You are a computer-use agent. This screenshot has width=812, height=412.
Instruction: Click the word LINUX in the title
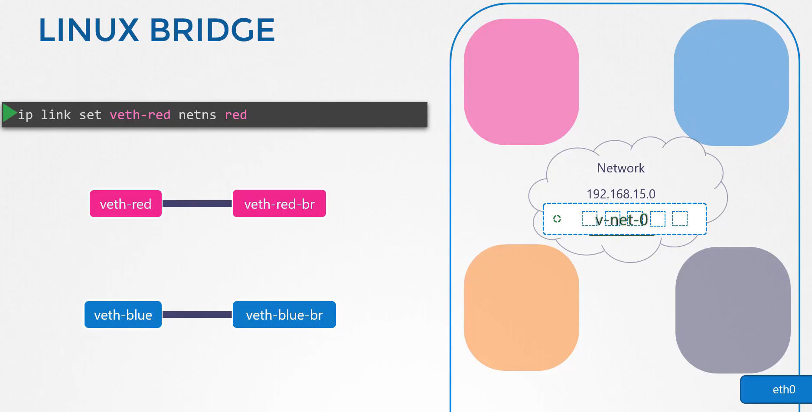pos(89,30)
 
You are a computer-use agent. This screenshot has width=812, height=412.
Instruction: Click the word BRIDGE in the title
pos(212,30)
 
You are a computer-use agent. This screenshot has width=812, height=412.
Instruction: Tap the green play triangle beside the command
pos(10,113)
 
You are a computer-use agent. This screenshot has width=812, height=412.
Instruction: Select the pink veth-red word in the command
pos(140,115)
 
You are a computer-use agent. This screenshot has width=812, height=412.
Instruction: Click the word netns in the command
pos(197,115)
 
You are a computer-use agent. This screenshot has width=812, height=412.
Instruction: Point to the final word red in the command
pos(236,115)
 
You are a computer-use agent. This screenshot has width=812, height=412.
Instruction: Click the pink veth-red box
pos(126,204)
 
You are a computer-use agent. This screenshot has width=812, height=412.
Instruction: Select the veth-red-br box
pos(279,204)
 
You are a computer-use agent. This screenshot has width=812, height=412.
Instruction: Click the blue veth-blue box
pos(123,315)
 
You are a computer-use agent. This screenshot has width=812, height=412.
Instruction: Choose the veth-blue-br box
pos(284,315)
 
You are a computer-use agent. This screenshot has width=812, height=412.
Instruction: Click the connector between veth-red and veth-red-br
pos(197,204)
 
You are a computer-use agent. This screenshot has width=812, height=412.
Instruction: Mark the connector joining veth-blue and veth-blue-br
pos(197,315)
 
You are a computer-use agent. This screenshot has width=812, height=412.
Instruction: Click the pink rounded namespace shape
pos(522,82)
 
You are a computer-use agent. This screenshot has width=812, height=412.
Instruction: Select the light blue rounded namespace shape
pos(731,83)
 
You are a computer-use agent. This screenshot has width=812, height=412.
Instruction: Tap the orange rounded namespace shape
pos(522,308)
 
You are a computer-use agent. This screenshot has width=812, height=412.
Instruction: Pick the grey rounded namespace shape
pos(733,310)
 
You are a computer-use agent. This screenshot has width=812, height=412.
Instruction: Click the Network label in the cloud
pos(621,168)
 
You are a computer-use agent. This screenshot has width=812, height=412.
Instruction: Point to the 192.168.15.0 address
pos(621,194)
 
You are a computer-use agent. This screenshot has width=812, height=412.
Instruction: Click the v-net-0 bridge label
pos(622,220)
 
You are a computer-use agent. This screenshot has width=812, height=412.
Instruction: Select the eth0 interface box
pos(776,389)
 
